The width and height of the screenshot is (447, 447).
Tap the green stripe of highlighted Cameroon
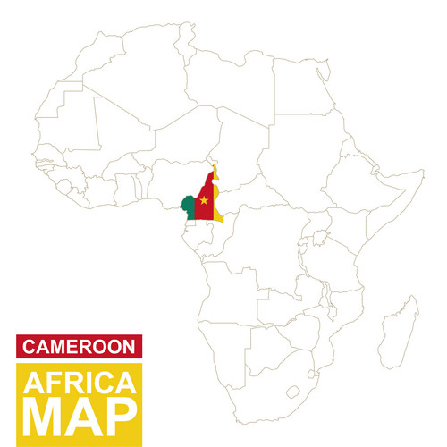click(x=189, y=207)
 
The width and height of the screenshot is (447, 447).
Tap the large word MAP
click(x=79, y=418)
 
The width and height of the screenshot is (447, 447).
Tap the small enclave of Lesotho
click(x=293, y=390)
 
